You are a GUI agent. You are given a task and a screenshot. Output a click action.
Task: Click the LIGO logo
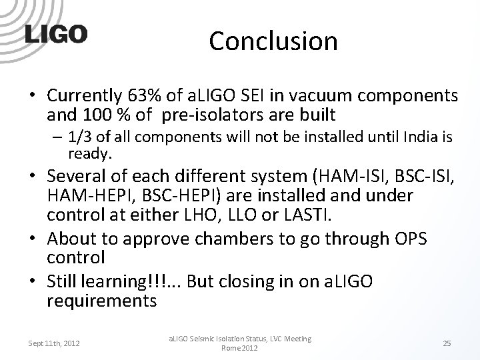pyautogui.click(x=56, y=35)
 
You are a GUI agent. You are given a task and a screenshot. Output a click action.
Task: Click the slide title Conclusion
pyautogui.click(x=273, y=41)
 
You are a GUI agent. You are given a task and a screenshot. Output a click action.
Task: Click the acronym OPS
pyautogui.click(x=413, y=238)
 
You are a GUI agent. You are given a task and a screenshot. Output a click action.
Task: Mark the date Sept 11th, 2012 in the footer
pyautogui.click(x=54, y=343)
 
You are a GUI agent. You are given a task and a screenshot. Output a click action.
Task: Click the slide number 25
pyautogui.click(x=447, y=343)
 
